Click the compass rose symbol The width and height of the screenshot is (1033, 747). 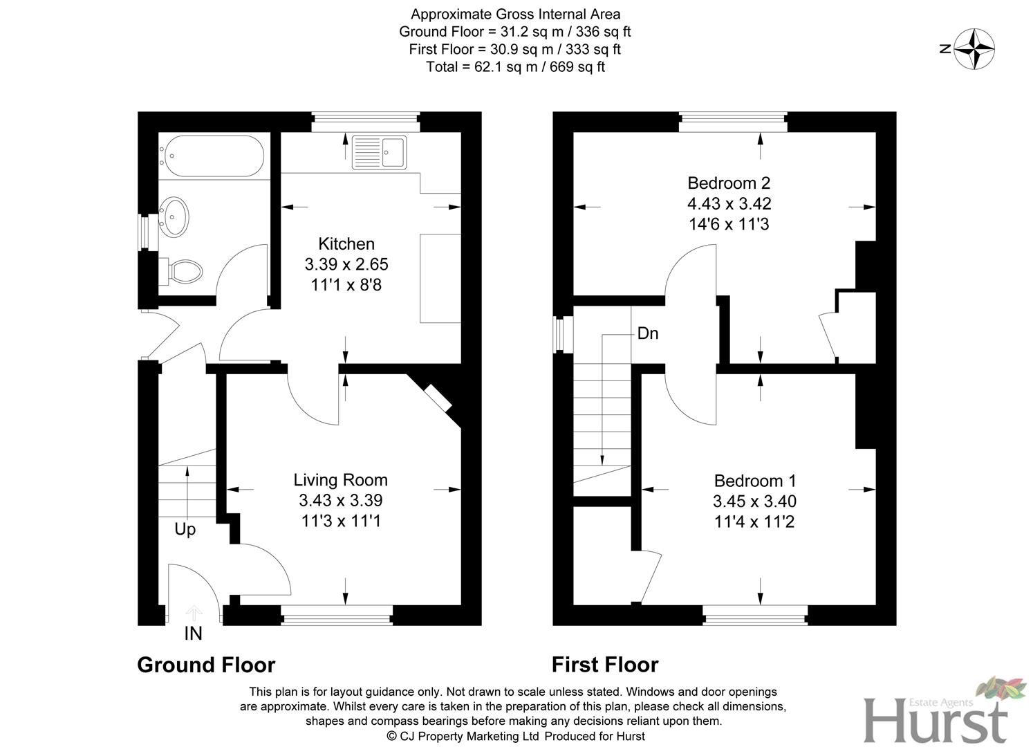[975, 49]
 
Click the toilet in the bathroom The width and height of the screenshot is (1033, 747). [184, 270]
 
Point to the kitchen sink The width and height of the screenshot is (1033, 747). [380, 152]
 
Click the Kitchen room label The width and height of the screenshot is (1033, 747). [346, 244]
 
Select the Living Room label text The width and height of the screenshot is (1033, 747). [340, 480]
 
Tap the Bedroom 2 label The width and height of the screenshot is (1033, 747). [729, 183]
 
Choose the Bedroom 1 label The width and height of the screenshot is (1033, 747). [755, 481]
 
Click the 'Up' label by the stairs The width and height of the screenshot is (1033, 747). [185, 529]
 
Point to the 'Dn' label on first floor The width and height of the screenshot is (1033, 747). [647, 333]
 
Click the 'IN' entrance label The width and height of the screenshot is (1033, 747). [194, 633]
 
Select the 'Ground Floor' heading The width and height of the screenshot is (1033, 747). [206, 665]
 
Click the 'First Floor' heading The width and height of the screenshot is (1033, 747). [605, 665]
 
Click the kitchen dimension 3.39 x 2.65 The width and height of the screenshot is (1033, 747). [346, 264]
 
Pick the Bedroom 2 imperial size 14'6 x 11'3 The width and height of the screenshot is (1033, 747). [729, 224]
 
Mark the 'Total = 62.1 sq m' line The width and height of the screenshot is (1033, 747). [515, 67]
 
